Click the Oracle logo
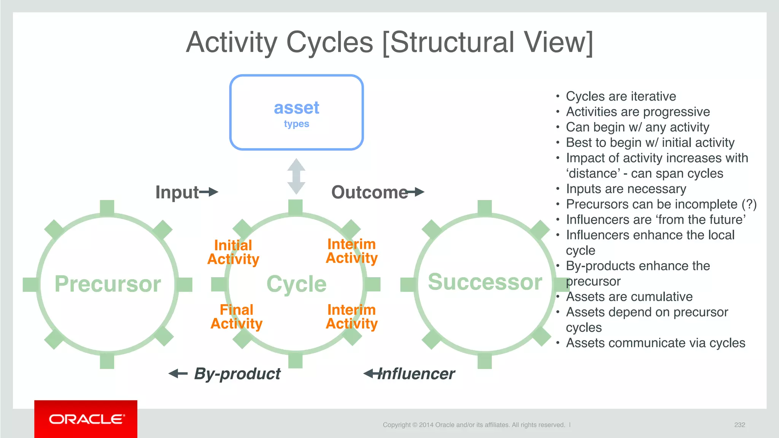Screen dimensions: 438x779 (x=86, y=419)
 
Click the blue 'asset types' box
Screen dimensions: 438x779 (x=296, y=113)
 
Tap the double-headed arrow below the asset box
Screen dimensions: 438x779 (x=296, y=176)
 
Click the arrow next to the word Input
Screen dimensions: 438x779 (x=209, y=192)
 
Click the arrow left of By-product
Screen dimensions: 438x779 (x=178, y=373)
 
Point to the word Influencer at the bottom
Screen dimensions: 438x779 (x=416, y=374)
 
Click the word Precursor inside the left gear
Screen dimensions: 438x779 (x=108, y=284)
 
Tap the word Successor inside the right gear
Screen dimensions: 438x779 (x=485, y=282)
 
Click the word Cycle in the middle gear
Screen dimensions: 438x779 (x=296, y=284)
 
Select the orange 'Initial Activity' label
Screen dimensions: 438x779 (x=233, y=252)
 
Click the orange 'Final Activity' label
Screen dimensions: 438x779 (x=236, y=317)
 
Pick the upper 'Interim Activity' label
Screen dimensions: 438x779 (x=351, y=251)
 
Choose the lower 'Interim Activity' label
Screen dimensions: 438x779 (x=351, y=317)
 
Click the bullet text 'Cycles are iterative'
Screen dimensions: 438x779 (x=621, y=96)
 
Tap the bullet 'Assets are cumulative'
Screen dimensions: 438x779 (x=629, y=297)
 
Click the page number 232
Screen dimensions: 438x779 (x=739, y=425)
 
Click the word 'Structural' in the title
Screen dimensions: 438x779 (x=452, y=42)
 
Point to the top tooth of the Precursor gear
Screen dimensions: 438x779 (x=107, y=208)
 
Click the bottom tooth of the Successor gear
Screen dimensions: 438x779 (x=485, y=361)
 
